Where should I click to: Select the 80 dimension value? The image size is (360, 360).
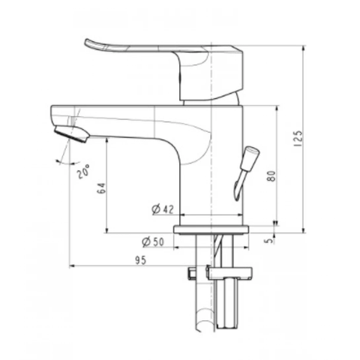tap(271, 177)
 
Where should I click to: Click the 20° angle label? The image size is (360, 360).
tap(82, 172)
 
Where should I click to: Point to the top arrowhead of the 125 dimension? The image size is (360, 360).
tap(302, 48)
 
